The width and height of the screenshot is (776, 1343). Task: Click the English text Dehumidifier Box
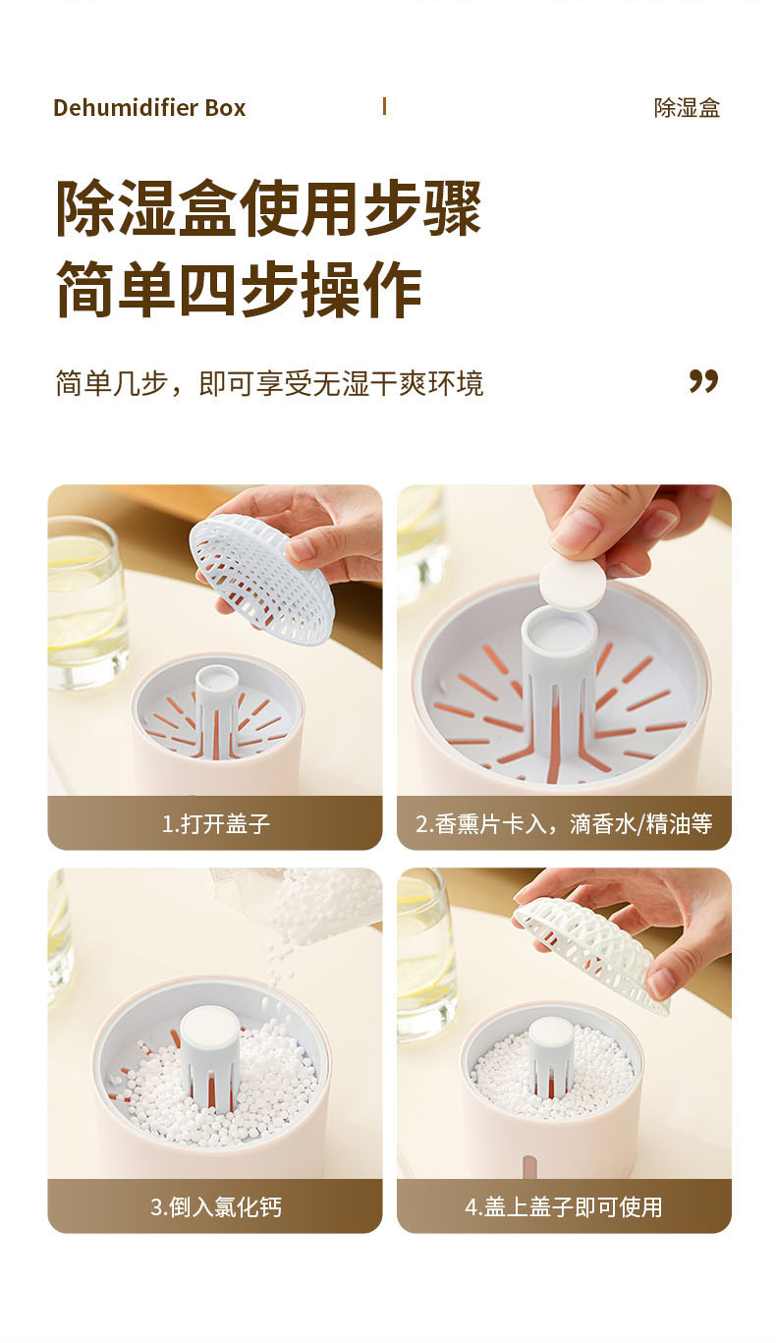point(149,108)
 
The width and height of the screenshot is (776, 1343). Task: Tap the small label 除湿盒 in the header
point(687,108)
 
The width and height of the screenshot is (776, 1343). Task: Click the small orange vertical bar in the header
point(384,107)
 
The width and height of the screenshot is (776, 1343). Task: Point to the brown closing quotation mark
point(703,381)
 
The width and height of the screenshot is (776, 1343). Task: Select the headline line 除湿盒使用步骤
point(269,207)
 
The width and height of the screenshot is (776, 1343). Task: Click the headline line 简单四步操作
point(239,289)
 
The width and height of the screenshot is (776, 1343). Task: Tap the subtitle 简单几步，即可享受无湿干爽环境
point(269,384)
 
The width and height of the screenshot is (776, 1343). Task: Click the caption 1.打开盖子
point(216,824)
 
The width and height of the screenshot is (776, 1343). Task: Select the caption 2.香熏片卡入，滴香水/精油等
point(564,824)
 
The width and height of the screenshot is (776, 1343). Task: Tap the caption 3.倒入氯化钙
point(216,1206)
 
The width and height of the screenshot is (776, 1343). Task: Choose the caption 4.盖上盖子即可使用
point(563,1206)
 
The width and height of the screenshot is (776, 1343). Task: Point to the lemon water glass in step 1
point(87,602)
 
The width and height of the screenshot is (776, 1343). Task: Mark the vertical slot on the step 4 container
point(528,1166)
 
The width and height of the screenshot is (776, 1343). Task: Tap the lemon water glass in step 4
point(424,956)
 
